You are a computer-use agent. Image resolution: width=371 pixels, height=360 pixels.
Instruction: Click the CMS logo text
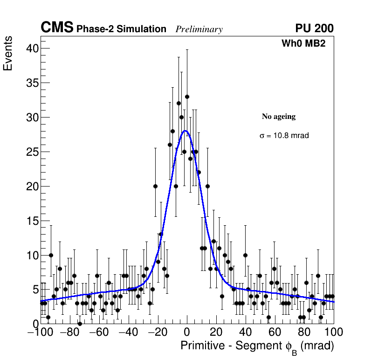point(57,28)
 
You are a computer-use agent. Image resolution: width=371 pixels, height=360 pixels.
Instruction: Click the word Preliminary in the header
point(199,29)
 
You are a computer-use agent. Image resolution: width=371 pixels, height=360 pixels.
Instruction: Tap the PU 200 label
point(314,28)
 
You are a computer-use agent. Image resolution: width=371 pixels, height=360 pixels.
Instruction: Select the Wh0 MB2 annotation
point(303,43)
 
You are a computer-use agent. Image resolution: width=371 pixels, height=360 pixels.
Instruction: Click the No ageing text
point(279,117)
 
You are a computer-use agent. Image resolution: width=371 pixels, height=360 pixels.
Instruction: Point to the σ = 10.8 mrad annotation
point(284,136)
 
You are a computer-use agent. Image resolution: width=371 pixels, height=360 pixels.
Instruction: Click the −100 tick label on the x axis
point(41,332)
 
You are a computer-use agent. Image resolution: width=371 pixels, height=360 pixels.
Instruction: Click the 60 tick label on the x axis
point(275,332)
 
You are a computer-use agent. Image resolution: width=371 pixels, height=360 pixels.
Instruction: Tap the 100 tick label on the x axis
point(333,332)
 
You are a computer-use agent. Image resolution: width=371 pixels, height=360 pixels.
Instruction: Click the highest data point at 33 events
point(187,97)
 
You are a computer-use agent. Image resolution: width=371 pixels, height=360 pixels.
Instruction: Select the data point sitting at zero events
point(80,323)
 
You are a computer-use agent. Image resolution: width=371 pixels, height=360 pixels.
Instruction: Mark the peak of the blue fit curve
point(185,131)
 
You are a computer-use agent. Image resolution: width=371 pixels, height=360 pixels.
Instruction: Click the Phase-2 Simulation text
point(121,29)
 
